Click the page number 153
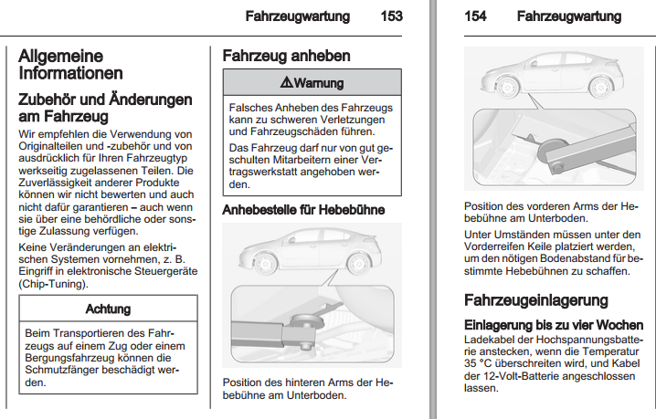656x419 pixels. tap(392, 16)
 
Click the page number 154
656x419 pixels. tap(475, 16)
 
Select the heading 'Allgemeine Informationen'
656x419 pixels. tap(70, 65)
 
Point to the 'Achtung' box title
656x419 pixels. tap(108, 309)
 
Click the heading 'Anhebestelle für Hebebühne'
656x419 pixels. tap(303, 210)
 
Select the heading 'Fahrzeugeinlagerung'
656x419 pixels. tap(535, 300)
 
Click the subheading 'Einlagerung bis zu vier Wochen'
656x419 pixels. tap(559, 325)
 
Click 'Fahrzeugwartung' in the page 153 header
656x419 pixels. tap(298, 16)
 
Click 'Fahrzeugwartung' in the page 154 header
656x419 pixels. tap(568, 16)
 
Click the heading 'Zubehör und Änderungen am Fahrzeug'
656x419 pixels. tap(105, 108)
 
